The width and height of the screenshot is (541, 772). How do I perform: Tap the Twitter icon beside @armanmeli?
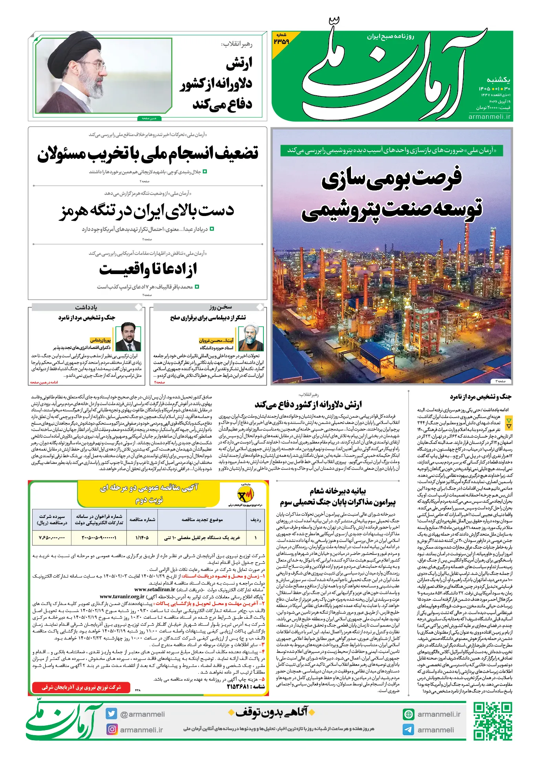pos(111,714)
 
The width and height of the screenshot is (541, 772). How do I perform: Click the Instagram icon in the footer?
pos(112,729)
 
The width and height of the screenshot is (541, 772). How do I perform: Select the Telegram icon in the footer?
pos(408,730)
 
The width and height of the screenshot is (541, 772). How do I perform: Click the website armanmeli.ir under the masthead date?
pos(489,117)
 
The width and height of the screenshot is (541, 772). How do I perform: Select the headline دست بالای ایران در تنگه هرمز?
pos(147,211)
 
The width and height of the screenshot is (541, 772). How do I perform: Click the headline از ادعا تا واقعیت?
pos(148,270)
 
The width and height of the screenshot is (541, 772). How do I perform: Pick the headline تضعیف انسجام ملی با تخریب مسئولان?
pos(148,153)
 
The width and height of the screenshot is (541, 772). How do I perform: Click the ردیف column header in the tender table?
pos(256,520)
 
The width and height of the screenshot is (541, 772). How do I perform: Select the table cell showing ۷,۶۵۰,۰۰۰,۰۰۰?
pos(52,537)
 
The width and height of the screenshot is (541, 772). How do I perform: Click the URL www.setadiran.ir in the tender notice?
pos(155,589)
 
